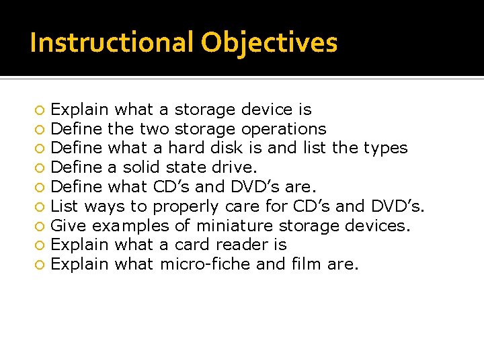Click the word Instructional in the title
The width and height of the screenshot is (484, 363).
point(112,42)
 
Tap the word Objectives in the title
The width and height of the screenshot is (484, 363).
point(269,42)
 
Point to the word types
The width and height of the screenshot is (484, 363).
point(385,148)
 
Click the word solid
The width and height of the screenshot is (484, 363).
point(143,167)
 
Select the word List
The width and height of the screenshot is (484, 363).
point(65,206)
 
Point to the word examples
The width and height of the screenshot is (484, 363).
point(129,226)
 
